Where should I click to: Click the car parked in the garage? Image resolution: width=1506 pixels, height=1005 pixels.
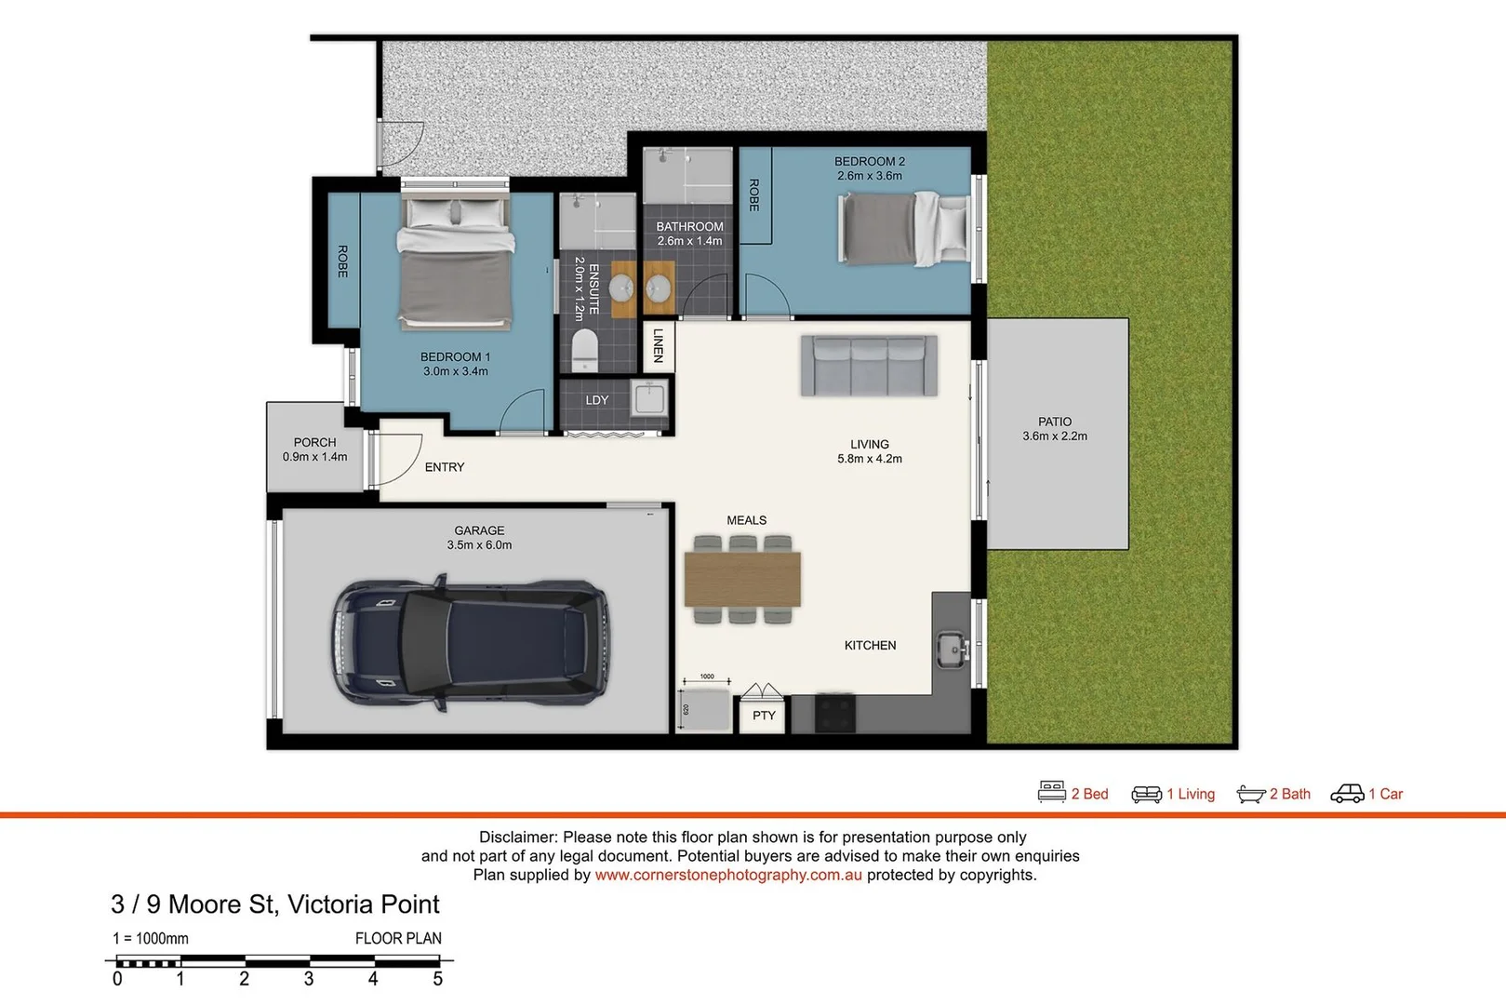[470, 644]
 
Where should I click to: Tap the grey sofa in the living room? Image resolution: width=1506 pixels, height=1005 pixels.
[869, 366]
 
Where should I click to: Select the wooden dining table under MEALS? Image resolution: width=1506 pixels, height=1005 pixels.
[742, 578]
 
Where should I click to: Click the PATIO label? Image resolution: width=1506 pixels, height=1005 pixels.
[1055, 422]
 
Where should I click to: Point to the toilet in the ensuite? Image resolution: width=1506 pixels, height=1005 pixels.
[585, 349]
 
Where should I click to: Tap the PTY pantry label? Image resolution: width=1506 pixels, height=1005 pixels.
[764, 716]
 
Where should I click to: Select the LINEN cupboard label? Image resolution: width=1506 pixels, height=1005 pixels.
[659, 345]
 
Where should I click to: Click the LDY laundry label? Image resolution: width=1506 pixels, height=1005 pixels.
[597, 400]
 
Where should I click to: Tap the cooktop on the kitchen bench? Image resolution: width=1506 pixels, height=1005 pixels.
[834, 714]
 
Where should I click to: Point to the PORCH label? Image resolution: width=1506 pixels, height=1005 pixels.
[314, 442]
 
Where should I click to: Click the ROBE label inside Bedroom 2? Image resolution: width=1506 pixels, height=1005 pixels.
[754, 194]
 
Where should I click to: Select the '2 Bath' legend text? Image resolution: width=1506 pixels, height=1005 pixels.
[1289, 794]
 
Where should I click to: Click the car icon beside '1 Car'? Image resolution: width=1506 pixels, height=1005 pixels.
[1347, 793]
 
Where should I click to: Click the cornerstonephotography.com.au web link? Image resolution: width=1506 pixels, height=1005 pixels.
[728, 875]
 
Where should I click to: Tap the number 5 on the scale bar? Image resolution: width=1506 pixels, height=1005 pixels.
[438, 979]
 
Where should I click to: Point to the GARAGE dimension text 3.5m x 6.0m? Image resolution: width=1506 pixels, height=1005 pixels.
[479, 545]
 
